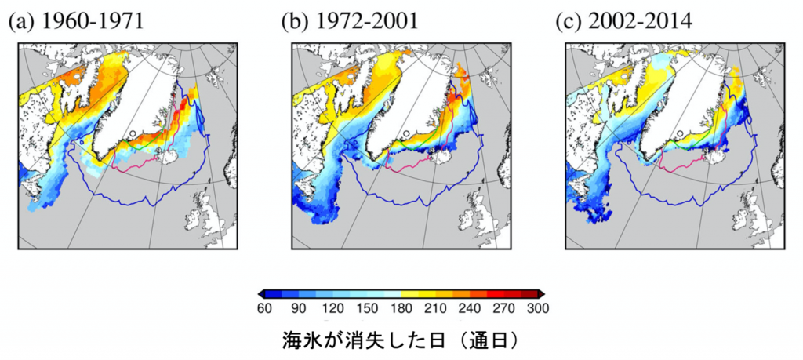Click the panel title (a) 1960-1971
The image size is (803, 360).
tap(77, 23)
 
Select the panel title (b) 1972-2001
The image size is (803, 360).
tap(351, 23)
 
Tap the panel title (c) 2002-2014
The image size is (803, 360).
tap(623, 23)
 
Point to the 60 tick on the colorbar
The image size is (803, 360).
tap(265, 308)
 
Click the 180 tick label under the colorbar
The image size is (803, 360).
tap(401, 308)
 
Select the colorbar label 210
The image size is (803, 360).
tap(435, 308)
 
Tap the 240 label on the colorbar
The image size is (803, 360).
tap(470, 308)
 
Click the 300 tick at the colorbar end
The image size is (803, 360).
tap(538, 308)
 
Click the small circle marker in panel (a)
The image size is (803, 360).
tap(133, 133)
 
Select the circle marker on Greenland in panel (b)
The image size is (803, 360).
tap(406, 133)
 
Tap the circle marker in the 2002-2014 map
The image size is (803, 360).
tap(680, 133)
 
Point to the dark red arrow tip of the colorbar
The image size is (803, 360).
tap(542, 294)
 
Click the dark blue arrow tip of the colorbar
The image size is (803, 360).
tap(261, 294)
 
